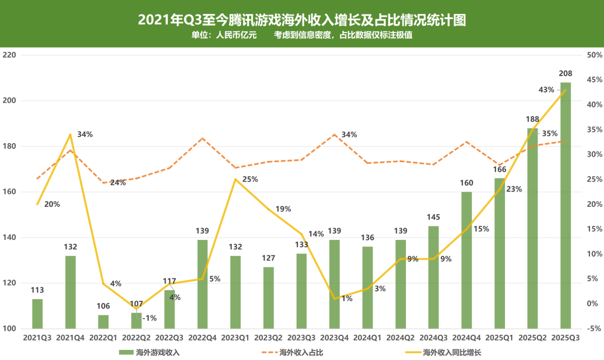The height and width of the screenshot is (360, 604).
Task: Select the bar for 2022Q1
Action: (x=103, y=322)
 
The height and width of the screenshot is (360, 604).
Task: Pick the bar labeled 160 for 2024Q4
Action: (x=466, y=260)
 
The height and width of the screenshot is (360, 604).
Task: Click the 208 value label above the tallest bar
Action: (x=566, y=74)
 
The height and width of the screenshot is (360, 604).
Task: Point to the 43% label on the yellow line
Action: (x=546, y=89)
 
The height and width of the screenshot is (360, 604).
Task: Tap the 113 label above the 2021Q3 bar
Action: (x=37, y=290)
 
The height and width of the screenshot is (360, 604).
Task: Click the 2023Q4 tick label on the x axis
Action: (x=334, y=338)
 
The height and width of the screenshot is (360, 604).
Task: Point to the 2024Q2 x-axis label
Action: (x=400, y=338)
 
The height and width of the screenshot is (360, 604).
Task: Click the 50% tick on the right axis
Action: (x=594, y=55)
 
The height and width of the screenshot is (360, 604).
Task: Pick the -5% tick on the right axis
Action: (x=594, y=329)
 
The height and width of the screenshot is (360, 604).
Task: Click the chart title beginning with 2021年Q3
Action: (x=302, y=20)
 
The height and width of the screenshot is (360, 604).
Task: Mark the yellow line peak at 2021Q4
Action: (x=70, y=134)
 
